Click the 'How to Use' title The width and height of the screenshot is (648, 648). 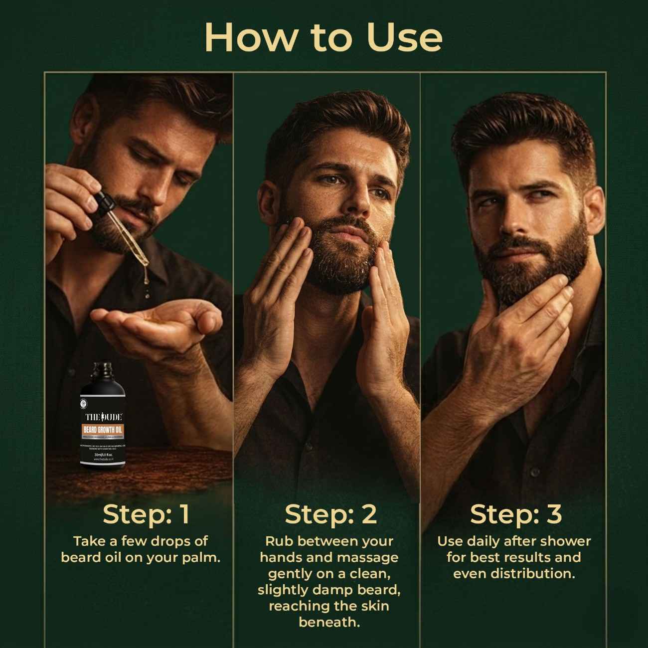(324, 37)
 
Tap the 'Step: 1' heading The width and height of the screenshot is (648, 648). (146, 514)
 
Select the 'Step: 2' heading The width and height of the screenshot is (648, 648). (330, 514)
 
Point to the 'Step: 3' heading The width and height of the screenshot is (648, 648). (515, 514)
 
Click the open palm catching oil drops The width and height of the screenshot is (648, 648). (150, 319)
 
